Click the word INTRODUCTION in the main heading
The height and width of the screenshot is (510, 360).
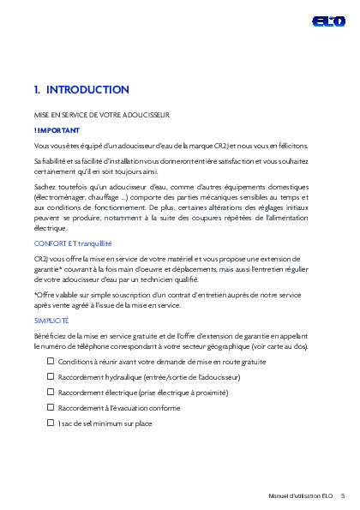click(x=87, y=90)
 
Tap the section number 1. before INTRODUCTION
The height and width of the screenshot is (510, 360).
click(x=37, y=90)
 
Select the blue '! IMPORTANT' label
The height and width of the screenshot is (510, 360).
click(x=57, y=130)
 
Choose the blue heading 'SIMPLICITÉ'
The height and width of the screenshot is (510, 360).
click(x=51, y=319)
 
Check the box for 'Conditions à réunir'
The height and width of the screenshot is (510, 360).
click(x=51, y=363)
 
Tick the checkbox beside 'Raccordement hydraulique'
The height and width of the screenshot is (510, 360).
click(x=51, y=377)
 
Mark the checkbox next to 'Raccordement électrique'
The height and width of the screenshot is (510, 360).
click(x=51, y=393)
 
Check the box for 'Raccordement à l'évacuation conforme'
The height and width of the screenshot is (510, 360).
click(x=51, y=408)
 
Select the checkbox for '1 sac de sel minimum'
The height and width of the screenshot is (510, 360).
click(x=51, y=423)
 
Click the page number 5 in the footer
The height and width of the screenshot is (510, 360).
click(x=343, y=495)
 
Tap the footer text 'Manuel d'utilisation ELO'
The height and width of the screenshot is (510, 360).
click(x=300, y=495)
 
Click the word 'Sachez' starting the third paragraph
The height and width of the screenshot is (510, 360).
click(x=45, y=185)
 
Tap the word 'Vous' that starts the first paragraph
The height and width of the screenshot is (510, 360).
click(x=41, y=146)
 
